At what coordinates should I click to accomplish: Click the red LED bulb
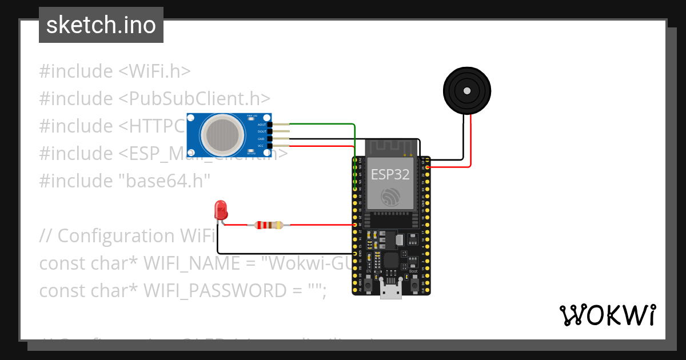[x=220, y=210]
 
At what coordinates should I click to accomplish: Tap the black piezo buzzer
[x=467, y=90]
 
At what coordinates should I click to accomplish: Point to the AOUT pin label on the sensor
[x=261, y=124]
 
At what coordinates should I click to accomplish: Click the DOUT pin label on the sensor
[x=261, y=131]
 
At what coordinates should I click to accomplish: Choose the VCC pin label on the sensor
[x=261, y=146]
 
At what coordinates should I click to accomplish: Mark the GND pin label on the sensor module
[x=261, y=139]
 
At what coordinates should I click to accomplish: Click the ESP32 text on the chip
[x=390, y=175]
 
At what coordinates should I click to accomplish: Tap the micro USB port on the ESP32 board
[x=391, y=292]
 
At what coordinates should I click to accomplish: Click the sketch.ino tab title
[x=101, y=25]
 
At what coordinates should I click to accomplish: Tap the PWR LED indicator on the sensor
[x=250, y=118]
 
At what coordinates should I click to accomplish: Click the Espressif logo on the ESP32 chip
[x=391, y=197]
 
